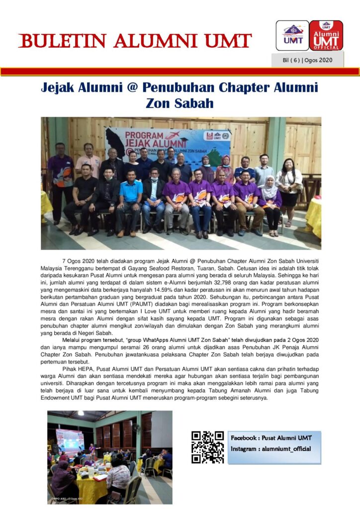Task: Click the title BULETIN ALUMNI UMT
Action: [x=135, y=41]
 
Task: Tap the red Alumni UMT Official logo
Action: [x=326, y=35]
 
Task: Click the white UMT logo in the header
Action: [x=292, y=35]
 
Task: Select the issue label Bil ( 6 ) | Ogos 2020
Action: [x=307, y=60]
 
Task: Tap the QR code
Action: [x=208, y=447]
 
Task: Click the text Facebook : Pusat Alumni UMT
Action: [x=271, y=438]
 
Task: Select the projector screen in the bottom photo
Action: [x=70, y=441]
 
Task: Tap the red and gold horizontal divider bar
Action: [x=180, y=72]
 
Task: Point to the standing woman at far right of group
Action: [x=289, y=189]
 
